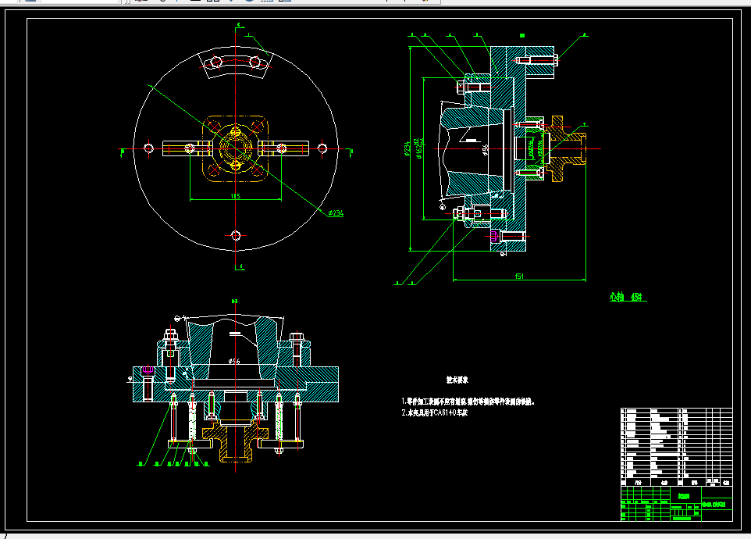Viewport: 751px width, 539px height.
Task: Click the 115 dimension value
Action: coord(236,196)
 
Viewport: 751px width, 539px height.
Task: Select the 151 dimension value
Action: coord(518,275)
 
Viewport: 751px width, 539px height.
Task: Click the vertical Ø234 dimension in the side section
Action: coord(408,148)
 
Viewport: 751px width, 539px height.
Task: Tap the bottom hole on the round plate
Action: coord(237,234)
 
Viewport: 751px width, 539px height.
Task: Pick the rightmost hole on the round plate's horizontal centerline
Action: coord(322,148)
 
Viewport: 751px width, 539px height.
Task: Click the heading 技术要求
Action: coord(457,381)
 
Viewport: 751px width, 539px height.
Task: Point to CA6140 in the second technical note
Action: coord(436,412)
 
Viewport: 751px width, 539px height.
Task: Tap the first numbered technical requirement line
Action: coord(468,402)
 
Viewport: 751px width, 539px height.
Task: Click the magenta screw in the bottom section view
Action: coord(147,369)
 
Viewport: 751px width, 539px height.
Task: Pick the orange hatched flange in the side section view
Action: coord(565,148)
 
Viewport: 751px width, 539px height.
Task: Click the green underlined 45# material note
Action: coord(625,297)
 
